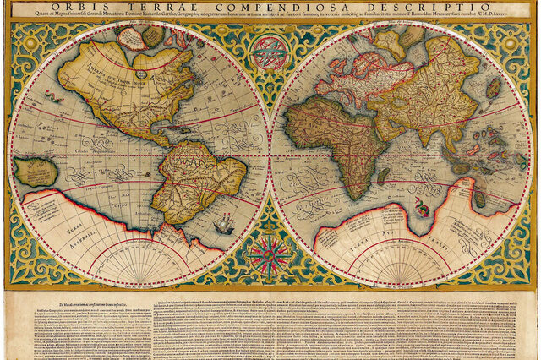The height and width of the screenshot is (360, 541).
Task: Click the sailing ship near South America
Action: point(224,225)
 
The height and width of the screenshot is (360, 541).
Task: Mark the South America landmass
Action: point(199,177)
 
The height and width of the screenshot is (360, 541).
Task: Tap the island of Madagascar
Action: point(382,177)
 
